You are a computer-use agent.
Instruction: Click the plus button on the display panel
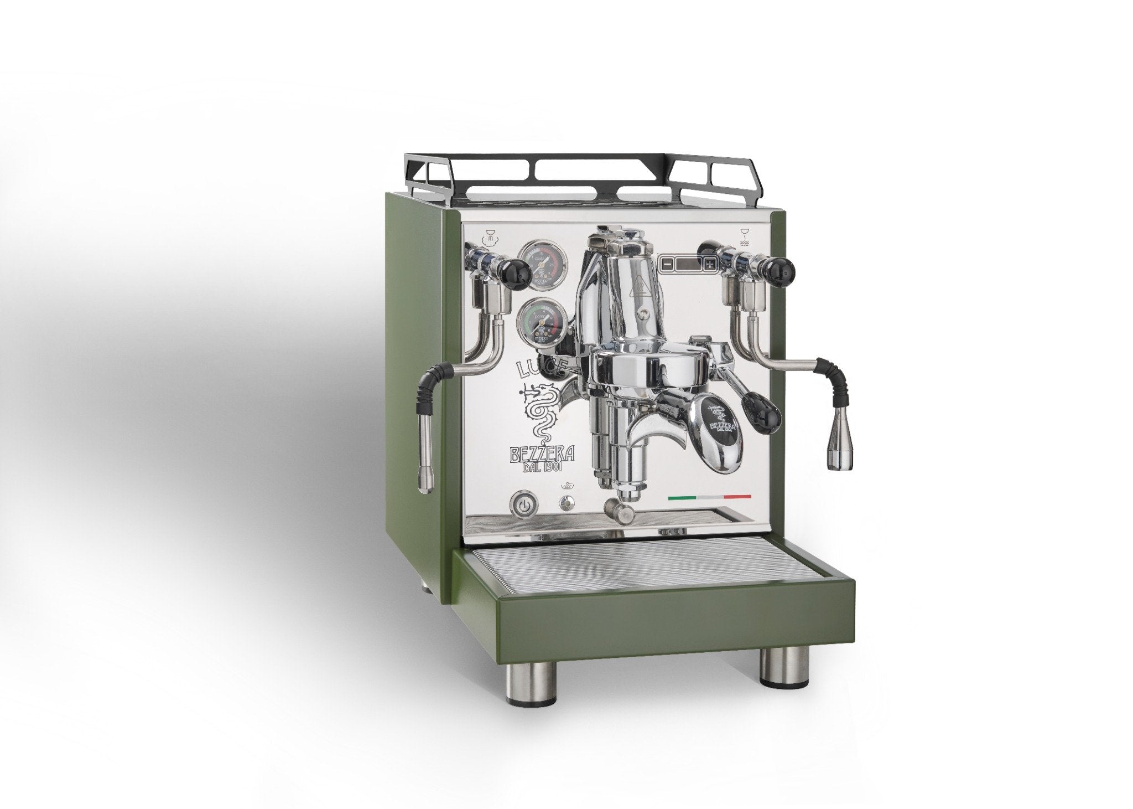(x=709, y=264)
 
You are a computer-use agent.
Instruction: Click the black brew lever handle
(x=764, y=409)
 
